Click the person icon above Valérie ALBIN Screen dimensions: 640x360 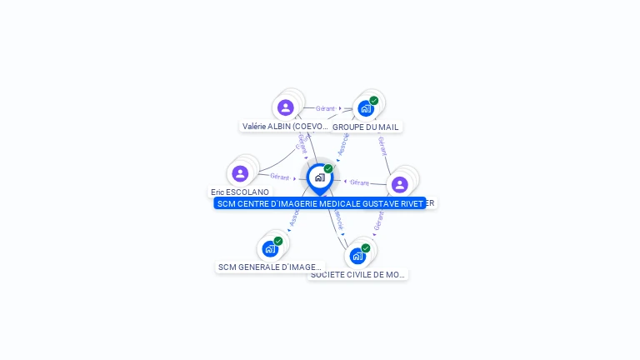(285, 107)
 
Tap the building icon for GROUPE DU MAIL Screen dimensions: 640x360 (365, 108)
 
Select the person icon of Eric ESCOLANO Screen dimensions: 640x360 (240, 173)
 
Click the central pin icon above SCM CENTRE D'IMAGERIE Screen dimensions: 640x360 (319, 177)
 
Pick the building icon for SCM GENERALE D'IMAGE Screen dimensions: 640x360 (269, 248)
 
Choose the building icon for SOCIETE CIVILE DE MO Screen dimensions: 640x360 (357, 255)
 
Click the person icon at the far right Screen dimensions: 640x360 (399, 184)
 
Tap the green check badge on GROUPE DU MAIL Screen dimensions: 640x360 (374, 100)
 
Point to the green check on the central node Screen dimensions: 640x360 (328, 169)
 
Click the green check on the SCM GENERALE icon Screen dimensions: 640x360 (278, 241)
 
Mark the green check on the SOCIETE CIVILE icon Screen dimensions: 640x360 (366, 247)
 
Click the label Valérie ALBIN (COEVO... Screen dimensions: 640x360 (284, 127)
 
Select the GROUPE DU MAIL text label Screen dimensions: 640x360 (366, 127)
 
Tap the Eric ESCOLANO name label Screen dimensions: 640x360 (240, 192)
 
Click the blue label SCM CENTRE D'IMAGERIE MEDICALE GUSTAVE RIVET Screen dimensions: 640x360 (319, 203)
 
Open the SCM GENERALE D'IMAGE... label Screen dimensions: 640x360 (269, 267)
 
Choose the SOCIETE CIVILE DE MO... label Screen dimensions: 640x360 (358, 274)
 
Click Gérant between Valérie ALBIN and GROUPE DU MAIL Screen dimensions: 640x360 (325, 108)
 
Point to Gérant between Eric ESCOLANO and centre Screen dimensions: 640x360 (279, 177)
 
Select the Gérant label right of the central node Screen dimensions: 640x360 (359, 182)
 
